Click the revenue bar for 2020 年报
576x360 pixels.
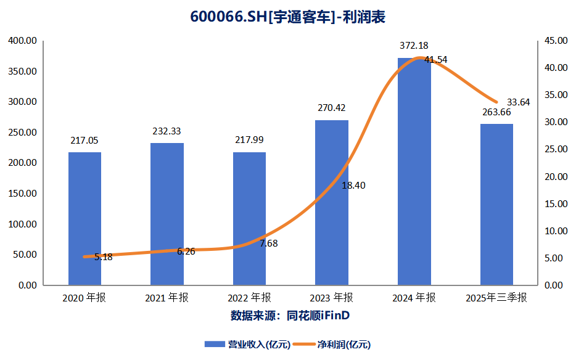(84, 219)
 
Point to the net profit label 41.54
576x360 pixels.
(436, 60)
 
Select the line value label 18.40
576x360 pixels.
(353, 185)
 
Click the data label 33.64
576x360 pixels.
(518, 102)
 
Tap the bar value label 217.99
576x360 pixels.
(249, 140)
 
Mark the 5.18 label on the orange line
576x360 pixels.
(103, 257)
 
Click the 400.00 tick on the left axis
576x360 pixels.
(23, 41)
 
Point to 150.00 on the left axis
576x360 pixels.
(23, 194)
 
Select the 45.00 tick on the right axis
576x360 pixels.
(556, 41)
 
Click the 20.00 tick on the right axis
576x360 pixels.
(556, 177)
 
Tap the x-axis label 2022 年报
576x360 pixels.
(249, 298)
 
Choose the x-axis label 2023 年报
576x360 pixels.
(331, 298)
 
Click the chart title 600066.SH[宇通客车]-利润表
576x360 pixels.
(288, 17)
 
